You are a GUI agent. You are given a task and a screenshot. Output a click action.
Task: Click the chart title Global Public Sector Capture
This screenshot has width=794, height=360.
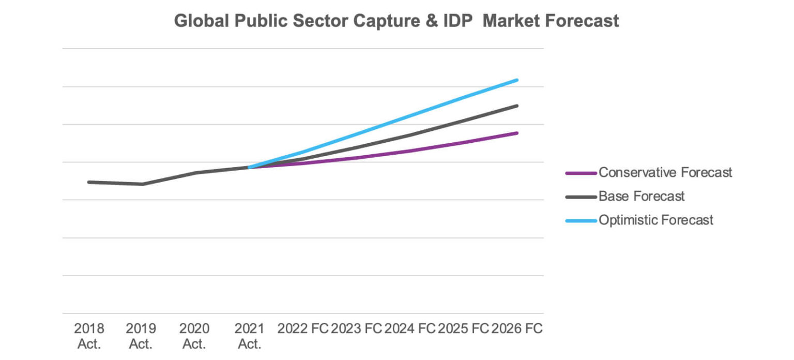click(396, 21)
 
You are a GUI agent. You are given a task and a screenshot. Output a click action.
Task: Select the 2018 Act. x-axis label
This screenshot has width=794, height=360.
click(89, 336)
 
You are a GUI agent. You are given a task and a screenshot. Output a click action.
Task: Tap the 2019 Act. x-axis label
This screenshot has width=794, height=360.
click(141, 336)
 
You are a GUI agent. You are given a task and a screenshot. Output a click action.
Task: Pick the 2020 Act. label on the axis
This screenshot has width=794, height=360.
click(194, 336)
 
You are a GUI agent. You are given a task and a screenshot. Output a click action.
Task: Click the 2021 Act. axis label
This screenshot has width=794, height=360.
click(249, 336)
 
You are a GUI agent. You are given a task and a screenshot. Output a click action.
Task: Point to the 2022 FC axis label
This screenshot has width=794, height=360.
click(303, 329)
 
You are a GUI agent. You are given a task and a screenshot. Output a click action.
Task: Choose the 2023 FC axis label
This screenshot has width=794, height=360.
click(356, 329)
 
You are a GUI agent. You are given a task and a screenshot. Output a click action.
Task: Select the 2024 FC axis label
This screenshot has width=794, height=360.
click(410, 329)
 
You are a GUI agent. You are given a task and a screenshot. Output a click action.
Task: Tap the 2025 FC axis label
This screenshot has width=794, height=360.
click(463, 329)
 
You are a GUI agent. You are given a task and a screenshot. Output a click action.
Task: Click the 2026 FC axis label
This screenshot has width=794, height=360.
click(517, 329)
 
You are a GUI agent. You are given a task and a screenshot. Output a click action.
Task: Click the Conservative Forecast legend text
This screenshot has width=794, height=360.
click(665, 172)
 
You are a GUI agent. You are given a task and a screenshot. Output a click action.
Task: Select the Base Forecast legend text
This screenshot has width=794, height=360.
click(642, 196)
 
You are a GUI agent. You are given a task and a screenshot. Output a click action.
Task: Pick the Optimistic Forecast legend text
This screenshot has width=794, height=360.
click(656, 220)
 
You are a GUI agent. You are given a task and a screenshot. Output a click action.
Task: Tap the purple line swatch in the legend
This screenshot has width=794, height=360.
click(581, 173)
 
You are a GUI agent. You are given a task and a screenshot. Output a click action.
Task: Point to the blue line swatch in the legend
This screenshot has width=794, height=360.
click(581, 220)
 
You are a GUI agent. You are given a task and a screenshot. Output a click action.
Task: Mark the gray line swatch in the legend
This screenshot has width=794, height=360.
click(581, 197)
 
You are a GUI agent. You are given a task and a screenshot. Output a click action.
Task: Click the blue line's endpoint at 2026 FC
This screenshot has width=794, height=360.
click(517, 80)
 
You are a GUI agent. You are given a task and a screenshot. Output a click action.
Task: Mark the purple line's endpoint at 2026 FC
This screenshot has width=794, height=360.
click(517, 133)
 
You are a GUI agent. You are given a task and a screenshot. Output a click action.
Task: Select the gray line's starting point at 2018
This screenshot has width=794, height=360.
click(89, 182)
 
